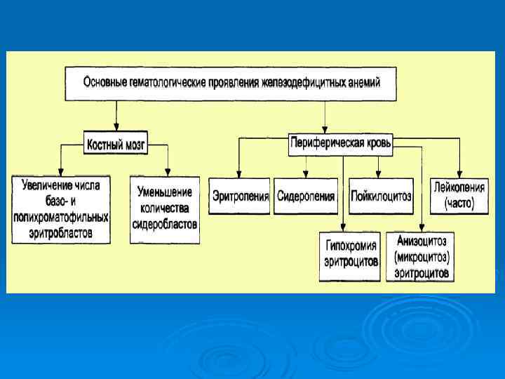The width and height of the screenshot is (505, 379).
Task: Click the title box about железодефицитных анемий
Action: pos(231,84)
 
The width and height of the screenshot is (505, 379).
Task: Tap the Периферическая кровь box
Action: pos(341,143)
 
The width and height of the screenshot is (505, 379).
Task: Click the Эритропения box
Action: pos(240,196)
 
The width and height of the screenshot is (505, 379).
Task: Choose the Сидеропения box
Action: pos(305,196)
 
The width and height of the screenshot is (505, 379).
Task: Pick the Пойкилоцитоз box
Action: pos(381,196)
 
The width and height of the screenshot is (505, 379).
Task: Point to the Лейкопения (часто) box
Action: pos(459,196)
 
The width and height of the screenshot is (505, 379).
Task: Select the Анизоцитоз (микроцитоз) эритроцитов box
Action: pos(420,255)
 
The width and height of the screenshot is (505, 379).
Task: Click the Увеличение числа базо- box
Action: pos(61,208)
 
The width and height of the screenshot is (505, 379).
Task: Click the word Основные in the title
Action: pos(105,83)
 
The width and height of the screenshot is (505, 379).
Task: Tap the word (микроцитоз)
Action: pos(421,256)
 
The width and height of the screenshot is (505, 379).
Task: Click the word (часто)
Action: pos(459,204)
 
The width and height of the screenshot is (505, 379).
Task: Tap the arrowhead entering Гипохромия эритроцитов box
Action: pos(344,227)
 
